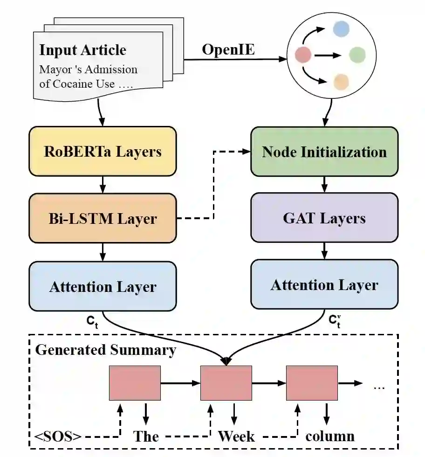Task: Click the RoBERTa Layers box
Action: [103, 151]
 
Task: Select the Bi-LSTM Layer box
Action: [103, 218]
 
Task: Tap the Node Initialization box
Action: [324, 152]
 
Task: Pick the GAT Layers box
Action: [324, 218]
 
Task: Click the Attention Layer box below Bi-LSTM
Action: [103, 286]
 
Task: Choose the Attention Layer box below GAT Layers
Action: [324, 284]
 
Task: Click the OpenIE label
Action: [228, 49]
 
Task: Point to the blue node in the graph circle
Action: [341, 29]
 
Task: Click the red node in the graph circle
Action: [303, 55]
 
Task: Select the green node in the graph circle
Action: [357, 55]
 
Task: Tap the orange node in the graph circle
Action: [342, 82]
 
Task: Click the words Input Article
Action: [82, 50]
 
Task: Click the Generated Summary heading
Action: [106, 350]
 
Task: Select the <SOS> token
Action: [58, 436]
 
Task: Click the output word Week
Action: [236, 436]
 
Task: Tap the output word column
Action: [330, 436]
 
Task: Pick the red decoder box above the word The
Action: [135, 383]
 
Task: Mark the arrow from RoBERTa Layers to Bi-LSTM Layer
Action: [103, 184]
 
